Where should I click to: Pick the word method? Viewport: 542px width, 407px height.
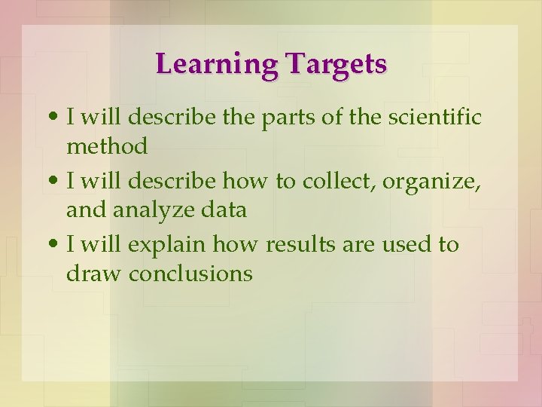pyautogui.click(x=107, y=146)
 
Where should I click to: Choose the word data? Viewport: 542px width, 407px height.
pyautogui.click(x=225, y=210)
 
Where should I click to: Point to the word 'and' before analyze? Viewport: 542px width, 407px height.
pyautogui.click(x=85, y=210)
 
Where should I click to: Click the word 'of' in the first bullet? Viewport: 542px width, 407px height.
pyautogui.click(x=329, y=118)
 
